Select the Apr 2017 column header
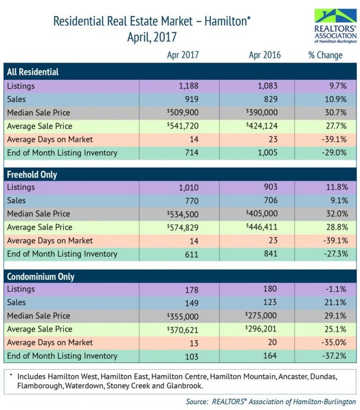183,55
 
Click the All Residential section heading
33,72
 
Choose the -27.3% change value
329,254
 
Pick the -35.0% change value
329,342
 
